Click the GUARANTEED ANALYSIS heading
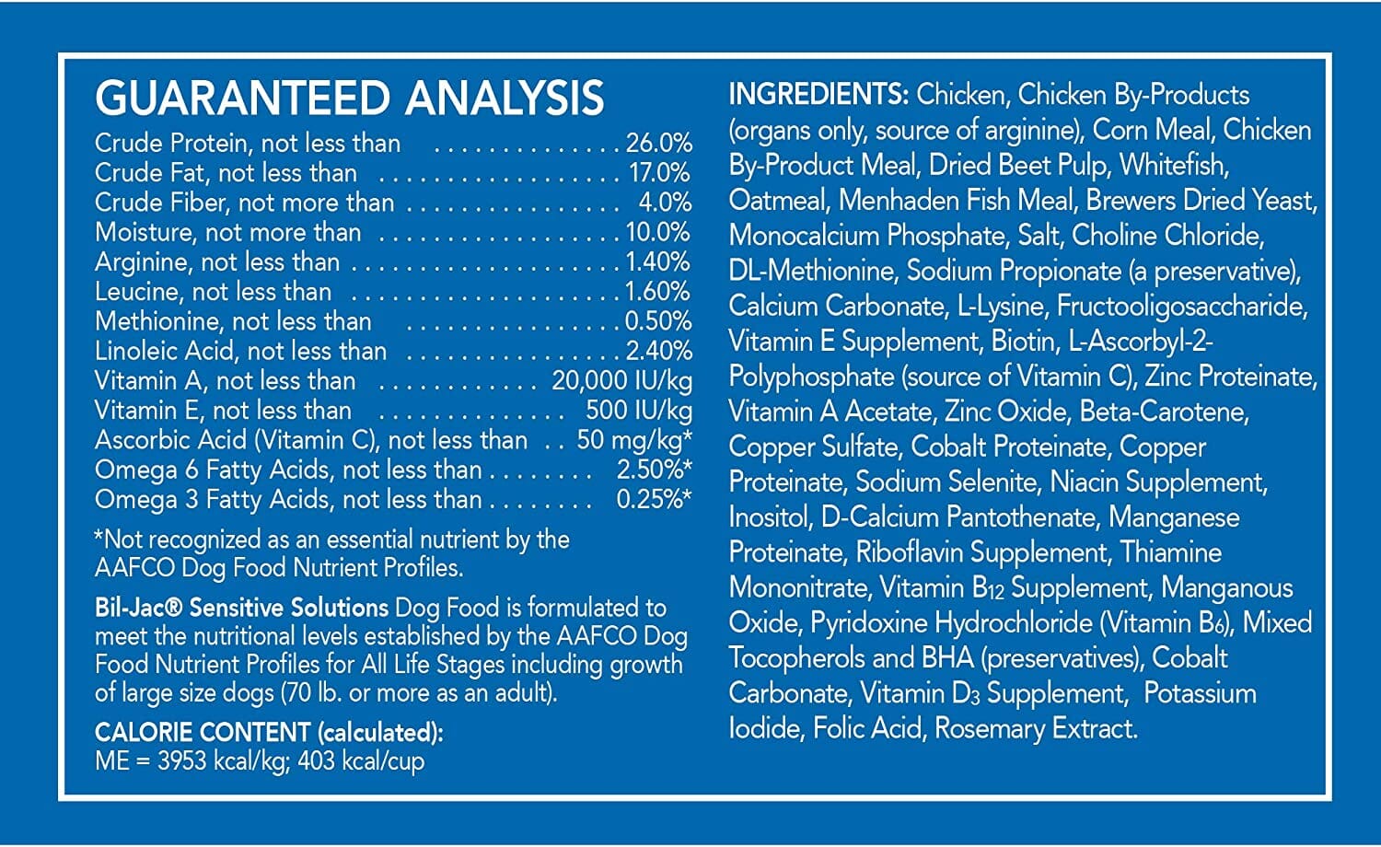(350, 99)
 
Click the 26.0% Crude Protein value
(658, 144)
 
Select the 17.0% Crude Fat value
(659, 173)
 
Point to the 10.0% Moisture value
(658, 232)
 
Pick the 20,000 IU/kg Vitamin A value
(621, 381)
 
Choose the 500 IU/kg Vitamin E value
(639, 411)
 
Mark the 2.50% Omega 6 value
(653, 470)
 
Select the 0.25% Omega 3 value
(653, 499)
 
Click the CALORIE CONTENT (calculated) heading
(269, 732)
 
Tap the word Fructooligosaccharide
(1181, 306)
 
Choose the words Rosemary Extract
(1036, 728)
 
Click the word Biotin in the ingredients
(1023, 341)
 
